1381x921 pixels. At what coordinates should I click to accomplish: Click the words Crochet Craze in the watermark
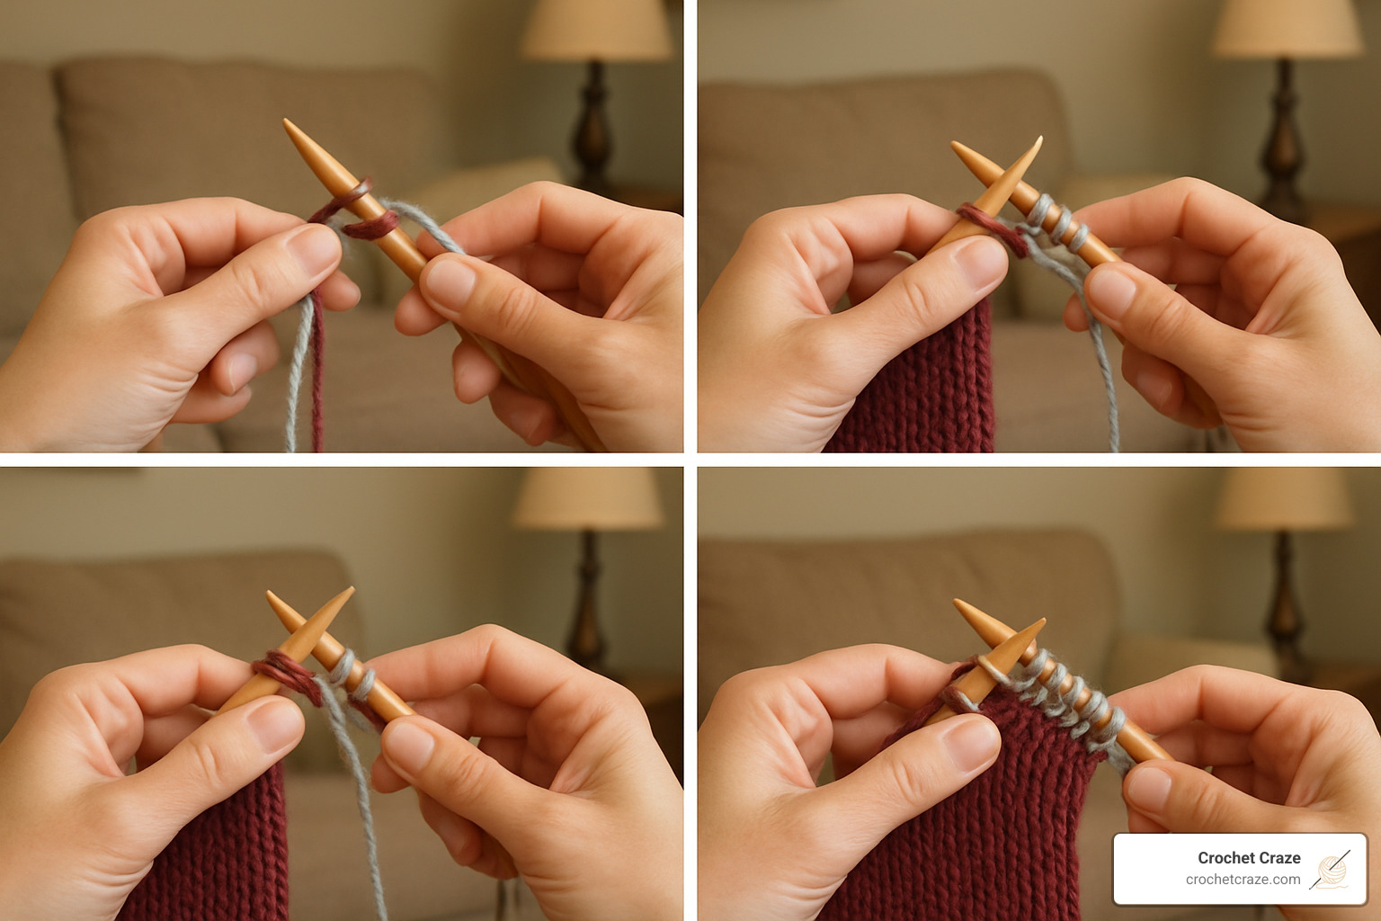pyautogui.click(x=1248, y=858)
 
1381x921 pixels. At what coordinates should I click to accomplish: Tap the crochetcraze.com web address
pyautogui.click(x=1243, y=880)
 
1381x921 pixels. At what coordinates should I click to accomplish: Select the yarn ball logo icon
pyautogui.click(x=1330, y=869)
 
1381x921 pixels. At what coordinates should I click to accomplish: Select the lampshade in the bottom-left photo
pyautogui.click(x=586, y=497)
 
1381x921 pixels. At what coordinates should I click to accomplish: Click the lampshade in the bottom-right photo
pyautogui.click(x=1284, y=498)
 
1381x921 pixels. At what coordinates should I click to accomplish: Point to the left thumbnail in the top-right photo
pyautogui.click(x=980, y=261)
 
